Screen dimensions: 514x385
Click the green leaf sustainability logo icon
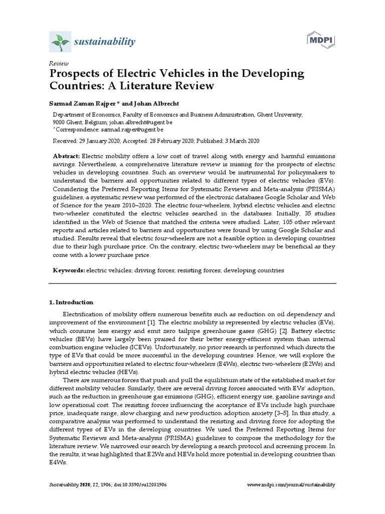[59, 41]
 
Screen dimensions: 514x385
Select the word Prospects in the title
[75, 74]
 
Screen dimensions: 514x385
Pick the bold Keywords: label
[69, 270]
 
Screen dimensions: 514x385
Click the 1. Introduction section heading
[71, 302]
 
